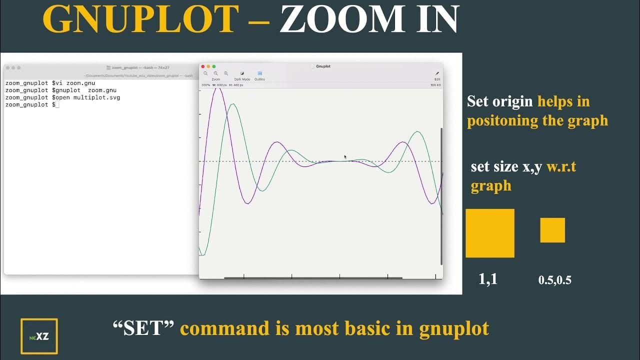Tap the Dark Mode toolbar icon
click(x=242, y=73)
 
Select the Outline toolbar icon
click(x=260, y=73)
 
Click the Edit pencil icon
click(x=437, y=73)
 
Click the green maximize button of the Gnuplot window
click(x=214, y=66)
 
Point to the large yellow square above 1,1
click(x=490, y=233)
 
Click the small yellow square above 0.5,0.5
click(x=552, y=230)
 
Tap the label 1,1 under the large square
click(x=488, y=279)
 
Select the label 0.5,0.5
click(x=554, y=280)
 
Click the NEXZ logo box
click(x=39, y=336)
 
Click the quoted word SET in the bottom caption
click(x=143, y=328)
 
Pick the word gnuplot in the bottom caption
click(x=453, y=328)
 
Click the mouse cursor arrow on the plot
click(x=345, y=157)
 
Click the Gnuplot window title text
click(x=323, y=66)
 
